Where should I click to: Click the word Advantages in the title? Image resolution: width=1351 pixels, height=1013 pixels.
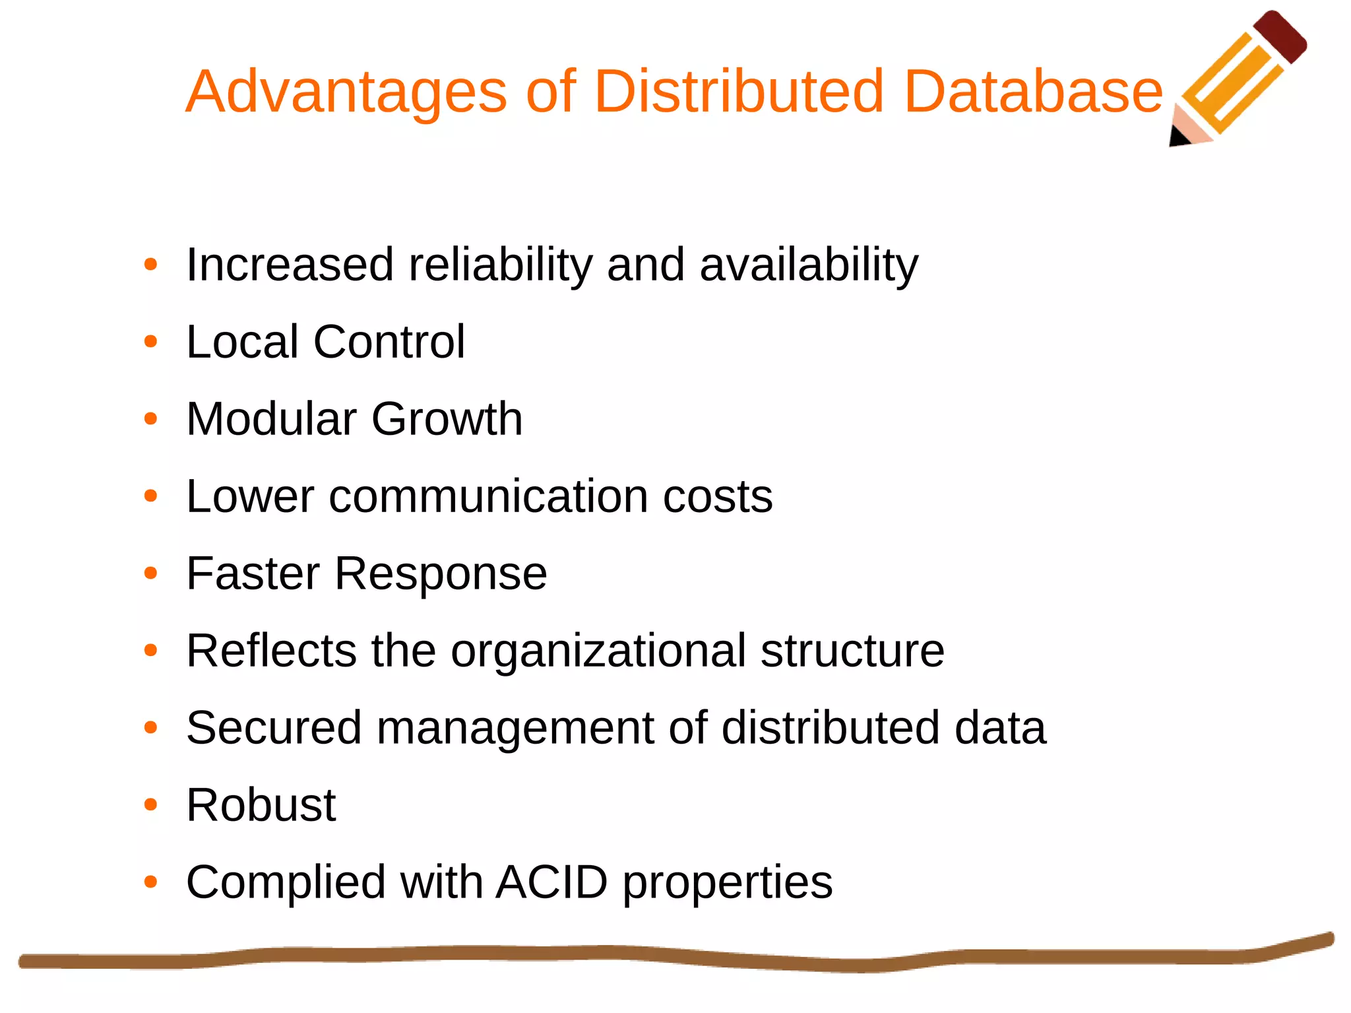(x=346, y=92)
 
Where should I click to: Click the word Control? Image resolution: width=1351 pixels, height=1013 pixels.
(x=389, y=342)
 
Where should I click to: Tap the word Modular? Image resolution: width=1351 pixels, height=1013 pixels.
(x=271, y=419)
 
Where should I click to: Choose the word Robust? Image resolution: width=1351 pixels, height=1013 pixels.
(x=261, y=805)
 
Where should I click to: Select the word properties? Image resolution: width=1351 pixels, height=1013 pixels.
(x=728, y=883)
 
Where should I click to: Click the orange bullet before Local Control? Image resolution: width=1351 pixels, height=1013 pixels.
(x=151, y=342)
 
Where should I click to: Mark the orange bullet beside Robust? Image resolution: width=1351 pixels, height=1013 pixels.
(x=151, y=804)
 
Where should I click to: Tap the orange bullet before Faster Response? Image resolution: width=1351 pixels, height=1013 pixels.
(x=151, y=573)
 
